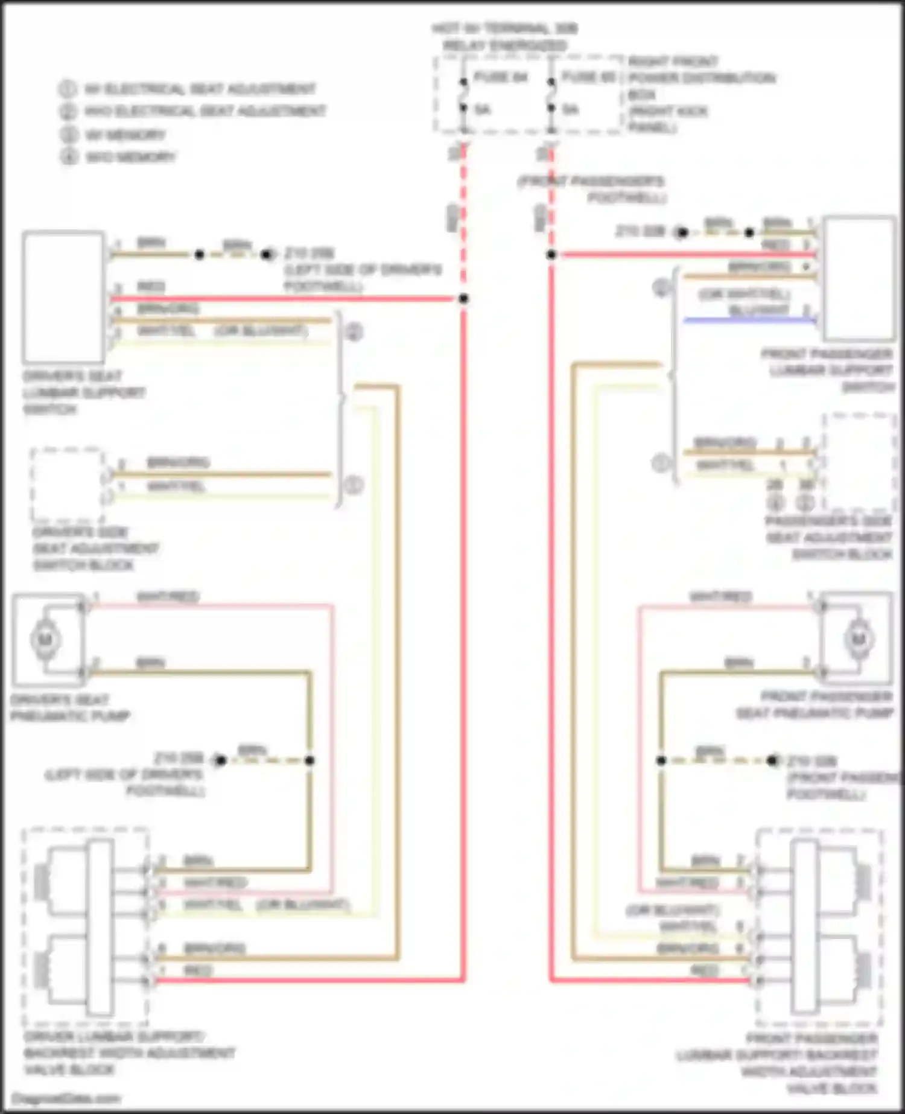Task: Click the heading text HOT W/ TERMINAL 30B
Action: click(x=505, y=29)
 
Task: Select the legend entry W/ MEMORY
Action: click(x=125, y=135)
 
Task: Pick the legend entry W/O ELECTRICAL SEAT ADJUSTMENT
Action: click(x=205, y=112)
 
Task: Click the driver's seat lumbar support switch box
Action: click(x=63, y=296)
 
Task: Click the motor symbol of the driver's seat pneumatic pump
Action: click(x=46, y=639)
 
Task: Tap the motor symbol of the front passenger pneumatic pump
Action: click(x=859, y=638)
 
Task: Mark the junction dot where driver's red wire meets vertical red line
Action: click(x=463, y=299)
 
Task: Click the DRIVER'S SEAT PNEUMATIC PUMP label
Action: click(x=70, y=708)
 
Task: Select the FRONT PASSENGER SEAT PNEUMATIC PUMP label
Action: click(x=815, y=705)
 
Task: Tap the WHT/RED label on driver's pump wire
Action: click(x=168, y=597)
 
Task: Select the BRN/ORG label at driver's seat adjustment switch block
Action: click(x=179, y=463)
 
